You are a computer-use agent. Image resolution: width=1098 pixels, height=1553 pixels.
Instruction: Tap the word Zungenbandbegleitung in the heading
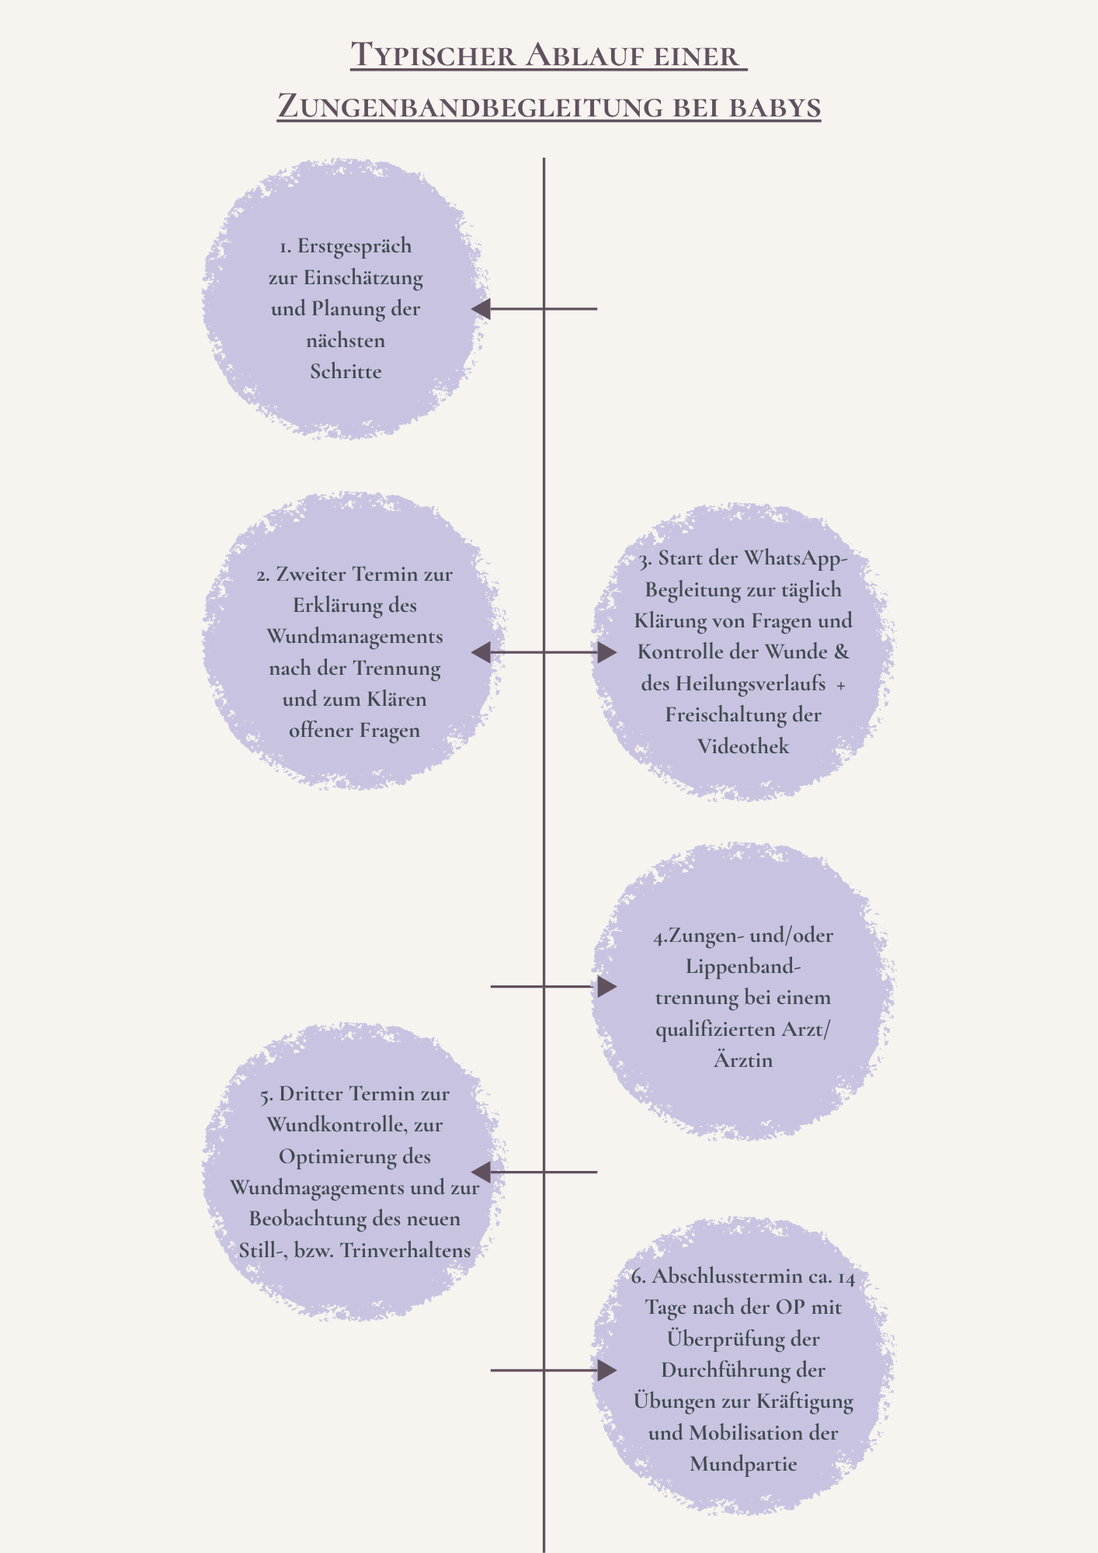pos(470,107)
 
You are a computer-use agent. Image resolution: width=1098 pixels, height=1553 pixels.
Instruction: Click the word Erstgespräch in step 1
pos(354,247)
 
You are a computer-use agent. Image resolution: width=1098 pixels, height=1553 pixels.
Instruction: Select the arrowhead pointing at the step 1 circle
pos(481,308)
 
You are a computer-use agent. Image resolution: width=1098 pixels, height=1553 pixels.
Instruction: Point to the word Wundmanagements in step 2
pos(355,638)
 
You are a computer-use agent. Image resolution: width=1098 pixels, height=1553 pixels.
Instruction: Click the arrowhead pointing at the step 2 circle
pos(481,652)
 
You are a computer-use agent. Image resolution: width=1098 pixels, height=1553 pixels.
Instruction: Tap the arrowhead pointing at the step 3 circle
pos(607,652)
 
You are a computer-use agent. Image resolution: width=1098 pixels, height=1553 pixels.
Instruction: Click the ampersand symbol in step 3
pos(842,651)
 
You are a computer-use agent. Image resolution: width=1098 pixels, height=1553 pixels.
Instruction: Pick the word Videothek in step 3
pos(743,746)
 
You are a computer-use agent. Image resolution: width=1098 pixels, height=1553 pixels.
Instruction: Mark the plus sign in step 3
pos(841,686)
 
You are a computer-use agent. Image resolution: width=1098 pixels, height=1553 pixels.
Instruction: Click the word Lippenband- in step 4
pos(743,968)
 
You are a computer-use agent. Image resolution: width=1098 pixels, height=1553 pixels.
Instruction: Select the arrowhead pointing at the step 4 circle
pos(607,986)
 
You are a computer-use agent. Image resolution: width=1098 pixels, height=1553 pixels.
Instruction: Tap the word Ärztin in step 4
pos(743,1059)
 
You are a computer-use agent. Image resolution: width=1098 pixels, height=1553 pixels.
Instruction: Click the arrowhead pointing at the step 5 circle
pos(481,1172)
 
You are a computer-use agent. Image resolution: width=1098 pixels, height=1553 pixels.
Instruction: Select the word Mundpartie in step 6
pos(743,1464)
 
